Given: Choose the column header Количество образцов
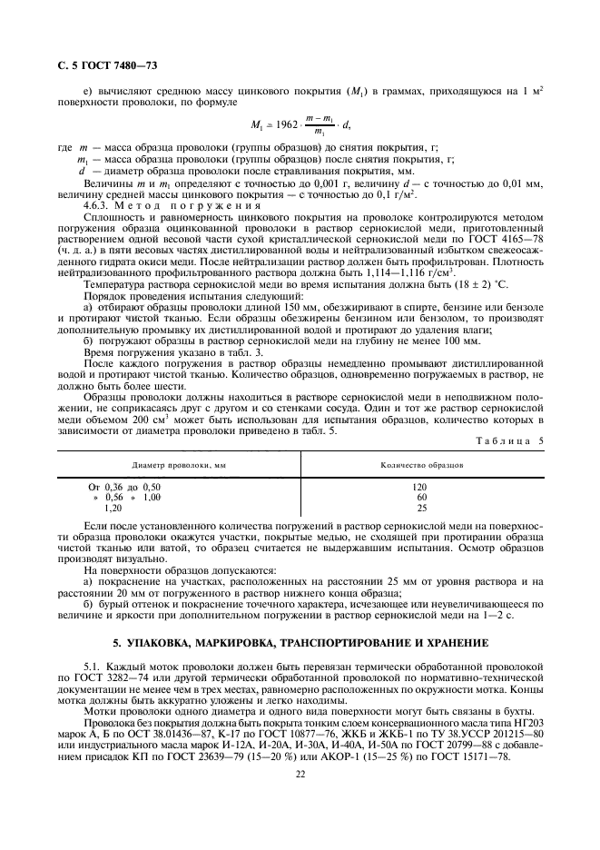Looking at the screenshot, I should pyautogui.click(x=421, y=465).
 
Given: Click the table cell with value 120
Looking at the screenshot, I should pyautogui.click(x=420, y=487).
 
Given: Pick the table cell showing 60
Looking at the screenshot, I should pyautogui.click(x=420, y=498).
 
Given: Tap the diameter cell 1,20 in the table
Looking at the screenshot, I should pyautogui.click(x=114, y=509).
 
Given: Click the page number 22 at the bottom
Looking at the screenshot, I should pyautogui.click(x=300, y=775).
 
